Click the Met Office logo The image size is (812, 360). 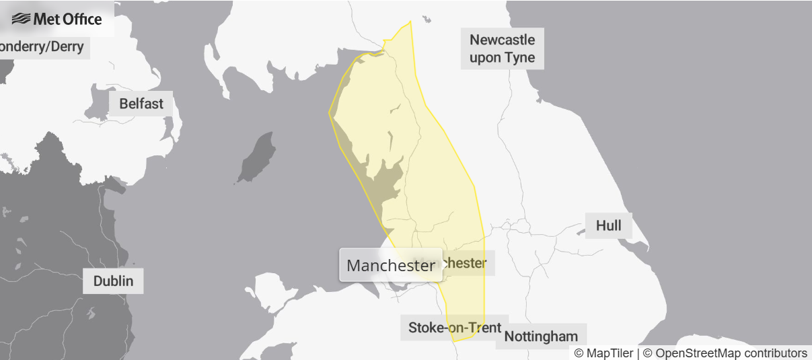tap(57, 19)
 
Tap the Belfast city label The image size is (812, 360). tap(141, 104)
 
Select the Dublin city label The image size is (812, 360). tap(113, 281)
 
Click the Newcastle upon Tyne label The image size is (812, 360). tap(503, 48)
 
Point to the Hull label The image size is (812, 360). tap(608, 225)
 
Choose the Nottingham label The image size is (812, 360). tap(541, 336)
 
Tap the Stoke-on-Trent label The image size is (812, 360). tap(454, 328)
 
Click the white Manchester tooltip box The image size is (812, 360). tap(390, 265)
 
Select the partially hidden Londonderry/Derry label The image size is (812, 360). tap(42, 46)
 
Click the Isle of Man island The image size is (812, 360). tap(256, 157)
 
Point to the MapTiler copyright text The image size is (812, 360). tap(603, 353)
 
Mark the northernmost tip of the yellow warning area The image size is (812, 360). tap(410, 22)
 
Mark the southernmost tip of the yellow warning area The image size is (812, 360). tap(455, 341)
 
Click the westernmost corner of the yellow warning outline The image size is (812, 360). tap(329, 112)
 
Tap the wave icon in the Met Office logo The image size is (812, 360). tap(22, 19)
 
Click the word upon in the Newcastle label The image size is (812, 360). tap(484, 57)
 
